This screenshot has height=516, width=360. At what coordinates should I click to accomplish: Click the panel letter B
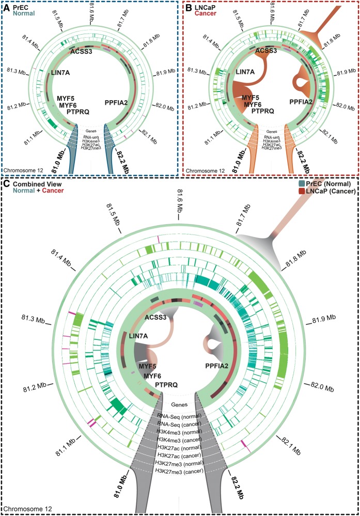(187, 8)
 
